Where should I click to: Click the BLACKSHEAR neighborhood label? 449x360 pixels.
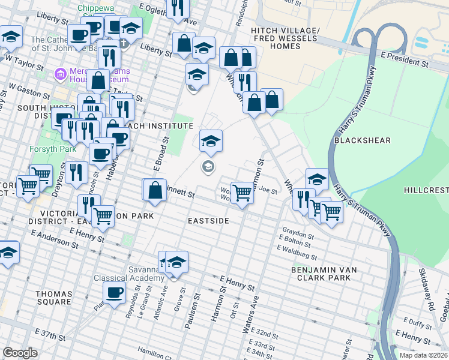[x=362, y=140]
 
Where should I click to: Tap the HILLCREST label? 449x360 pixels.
[x=426, y=190]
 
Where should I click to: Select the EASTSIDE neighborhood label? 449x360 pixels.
[x=208, y=221]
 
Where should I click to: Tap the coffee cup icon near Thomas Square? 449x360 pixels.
[x=114, y=293]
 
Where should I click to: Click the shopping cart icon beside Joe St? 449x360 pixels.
[x=242, y=193]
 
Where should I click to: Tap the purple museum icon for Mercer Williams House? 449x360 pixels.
[x=60, y=75]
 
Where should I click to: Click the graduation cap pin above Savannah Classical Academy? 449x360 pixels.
[x=177, y=262]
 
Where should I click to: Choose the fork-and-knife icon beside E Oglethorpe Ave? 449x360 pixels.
[x=177, y=8]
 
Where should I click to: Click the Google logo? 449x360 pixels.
[x=20, y=352]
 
